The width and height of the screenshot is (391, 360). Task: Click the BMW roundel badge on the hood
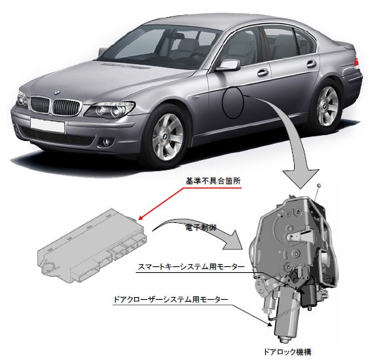[x=57, y=92]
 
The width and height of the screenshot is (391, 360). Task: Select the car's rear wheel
[x=327, y=106]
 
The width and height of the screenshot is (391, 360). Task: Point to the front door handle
[x=263, y=73]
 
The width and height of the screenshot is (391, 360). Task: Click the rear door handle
[x=312, y=64]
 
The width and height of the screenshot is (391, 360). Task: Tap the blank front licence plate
[x=47, y=126]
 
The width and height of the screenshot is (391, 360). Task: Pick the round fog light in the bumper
[x=108, y=142]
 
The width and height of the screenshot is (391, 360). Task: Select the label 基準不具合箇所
[x=213, y=181]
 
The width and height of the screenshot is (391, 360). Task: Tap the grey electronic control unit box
[x=92, y=246]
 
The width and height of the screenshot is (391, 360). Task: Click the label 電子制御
[x=201, y=228]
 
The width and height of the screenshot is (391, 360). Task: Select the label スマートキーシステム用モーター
[x=191, y=267]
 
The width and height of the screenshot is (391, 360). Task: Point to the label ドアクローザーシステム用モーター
[x=170, y=299]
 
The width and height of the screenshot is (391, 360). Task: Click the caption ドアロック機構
[x=288, y=352]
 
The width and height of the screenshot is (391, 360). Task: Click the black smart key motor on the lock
[x=308, y=296]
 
